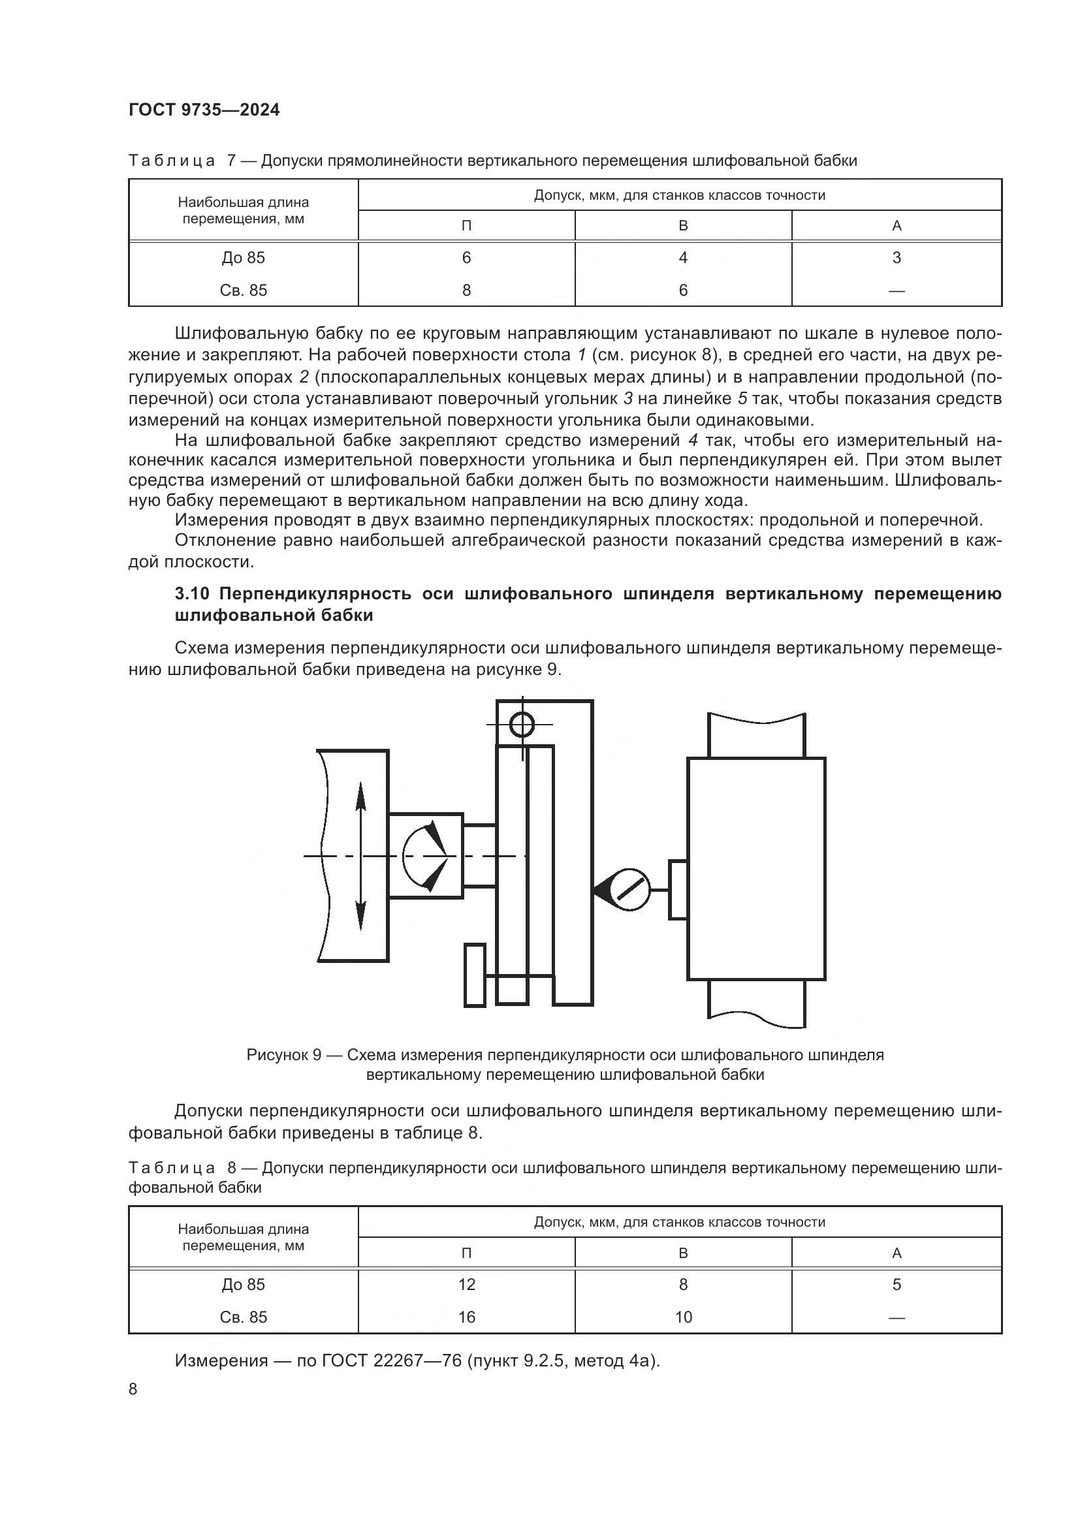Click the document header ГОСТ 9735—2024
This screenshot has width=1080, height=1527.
point(204,110)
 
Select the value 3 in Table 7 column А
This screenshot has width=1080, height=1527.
point(896,257)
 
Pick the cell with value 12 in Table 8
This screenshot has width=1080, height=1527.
point(466,1284)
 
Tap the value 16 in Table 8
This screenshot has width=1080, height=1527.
point(466,1317)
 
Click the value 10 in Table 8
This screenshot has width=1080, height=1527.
point(683,1317)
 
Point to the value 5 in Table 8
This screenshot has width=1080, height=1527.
point(896,1284)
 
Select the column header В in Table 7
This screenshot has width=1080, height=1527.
point(683,225)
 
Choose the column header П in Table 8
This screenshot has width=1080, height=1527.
point(466,1253)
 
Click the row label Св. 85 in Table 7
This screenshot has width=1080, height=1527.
point(244,290)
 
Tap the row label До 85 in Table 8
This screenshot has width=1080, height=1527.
point(244,1284)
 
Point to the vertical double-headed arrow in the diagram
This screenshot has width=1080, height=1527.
point(360,857)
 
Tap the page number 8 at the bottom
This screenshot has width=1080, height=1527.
point(133,1389)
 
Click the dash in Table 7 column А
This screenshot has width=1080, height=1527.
point(896,291)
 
